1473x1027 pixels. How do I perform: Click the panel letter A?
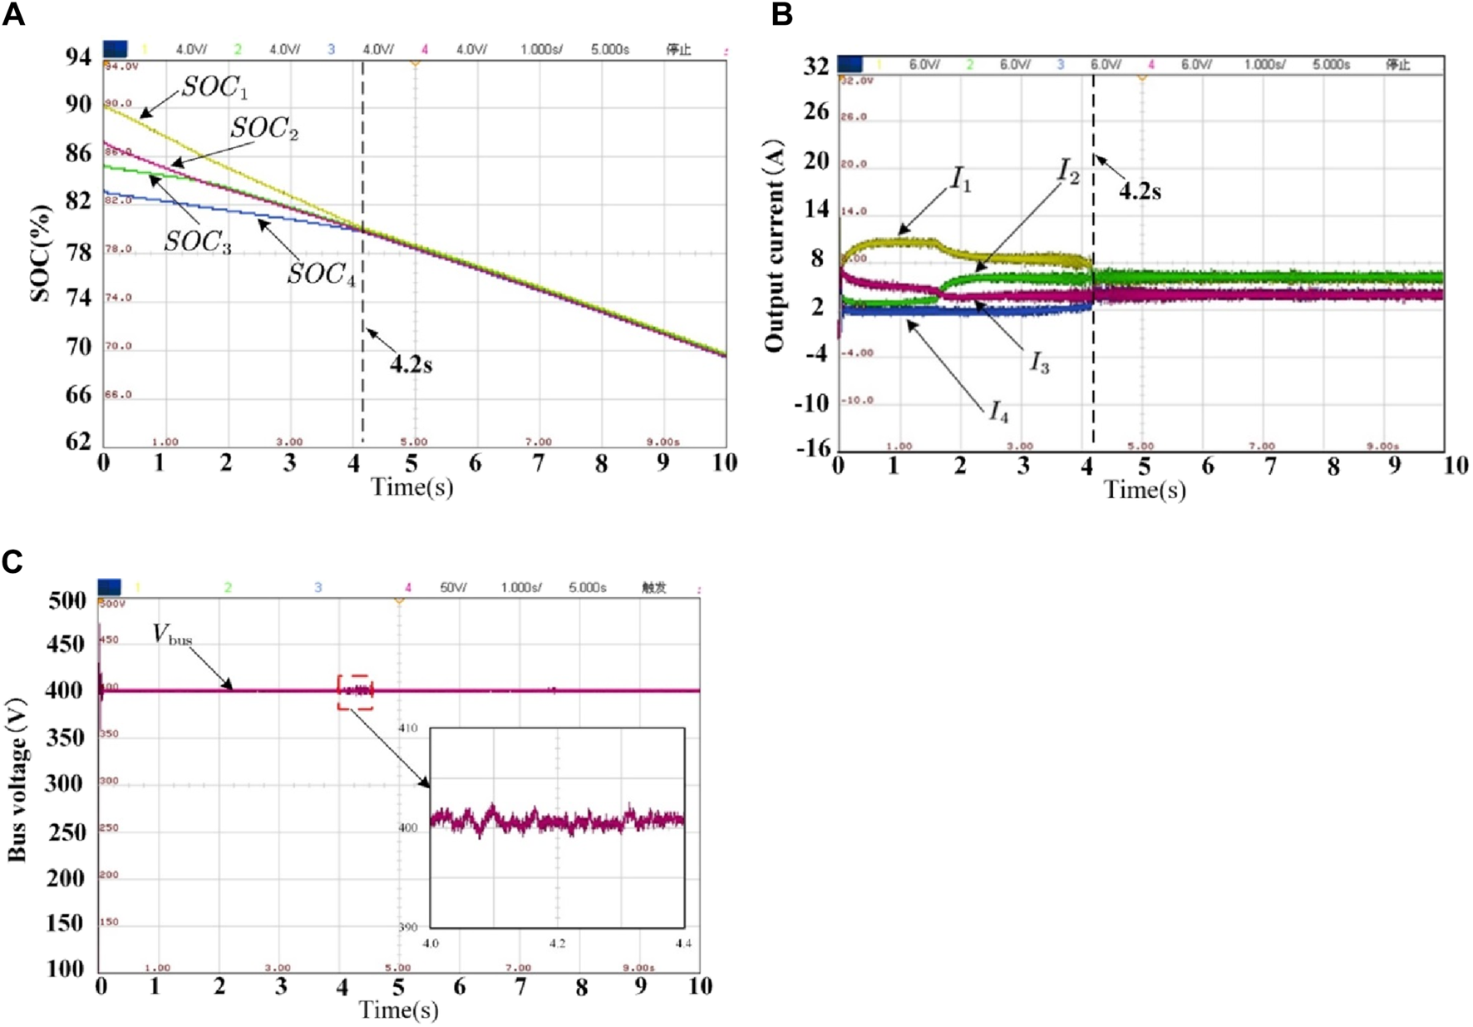[x=13, y=14]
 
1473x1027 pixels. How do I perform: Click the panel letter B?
[x=781, y=14]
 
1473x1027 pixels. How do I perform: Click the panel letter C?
[x=12, y=562]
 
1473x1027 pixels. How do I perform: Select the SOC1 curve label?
[x=214, y=87]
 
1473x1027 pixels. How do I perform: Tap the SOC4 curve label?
[x=321, y=274]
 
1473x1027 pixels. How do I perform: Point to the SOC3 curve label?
[x=197, y=242]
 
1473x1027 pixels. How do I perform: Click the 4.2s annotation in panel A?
[x=411, y=364]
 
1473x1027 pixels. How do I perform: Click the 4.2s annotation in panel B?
[x=1139, y=191]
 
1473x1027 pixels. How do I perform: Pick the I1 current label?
[x=961, y=179]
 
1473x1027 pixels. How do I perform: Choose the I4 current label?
[x=998, y=412]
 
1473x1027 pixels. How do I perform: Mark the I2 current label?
[x=1068, y=172]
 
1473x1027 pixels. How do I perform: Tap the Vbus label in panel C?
[x=172, y=634]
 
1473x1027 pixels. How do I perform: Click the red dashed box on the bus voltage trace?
[x=355, y=692]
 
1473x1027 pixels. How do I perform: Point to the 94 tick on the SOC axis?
[x=78, y=57]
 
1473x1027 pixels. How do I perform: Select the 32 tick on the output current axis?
[x=815, y=67]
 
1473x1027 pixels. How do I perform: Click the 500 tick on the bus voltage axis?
[x=67, y=600]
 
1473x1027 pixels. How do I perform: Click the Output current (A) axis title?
[x=774, y=245]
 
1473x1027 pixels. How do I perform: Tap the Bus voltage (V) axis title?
[x=17, y=782]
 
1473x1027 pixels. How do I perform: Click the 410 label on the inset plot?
[x=408, y=728]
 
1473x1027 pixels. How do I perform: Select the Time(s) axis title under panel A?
[x=411, y=487]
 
